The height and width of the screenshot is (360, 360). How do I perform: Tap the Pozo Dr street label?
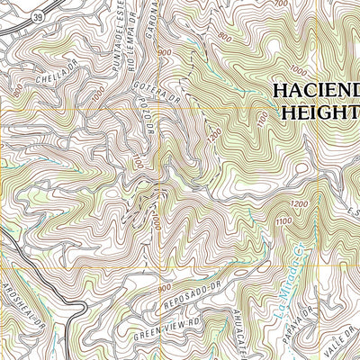[x=150, y=126]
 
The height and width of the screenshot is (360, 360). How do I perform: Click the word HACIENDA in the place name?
[x=315, y=92]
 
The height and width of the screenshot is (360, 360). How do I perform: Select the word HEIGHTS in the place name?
[x=320, y=113]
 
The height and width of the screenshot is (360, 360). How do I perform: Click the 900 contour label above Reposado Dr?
[x=163, y=287]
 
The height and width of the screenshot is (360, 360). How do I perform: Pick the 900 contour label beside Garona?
[x=164, y=54]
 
